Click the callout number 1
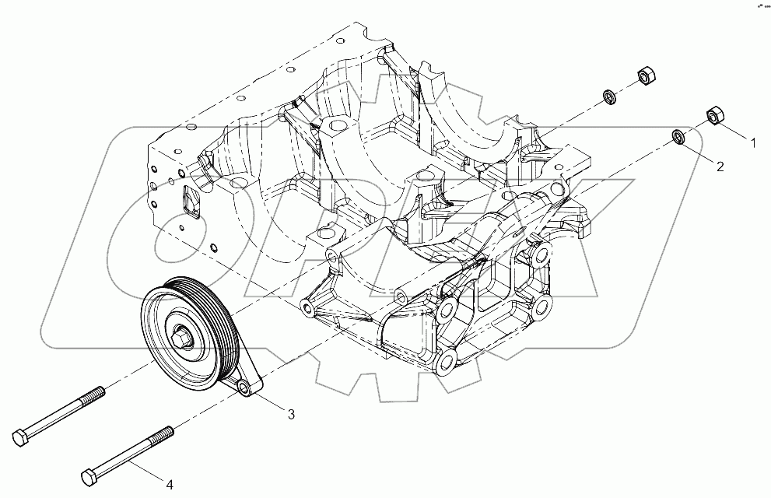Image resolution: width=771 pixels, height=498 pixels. coord(752,143)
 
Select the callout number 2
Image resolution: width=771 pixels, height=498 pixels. coord(720,166)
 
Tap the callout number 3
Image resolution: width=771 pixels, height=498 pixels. coord(291,415)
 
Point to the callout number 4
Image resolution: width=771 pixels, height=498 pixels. coord(170,485)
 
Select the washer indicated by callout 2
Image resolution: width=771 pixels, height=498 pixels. coord(679,138)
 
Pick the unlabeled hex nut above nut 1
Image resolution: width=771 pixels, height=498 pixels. coord(644,75)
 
